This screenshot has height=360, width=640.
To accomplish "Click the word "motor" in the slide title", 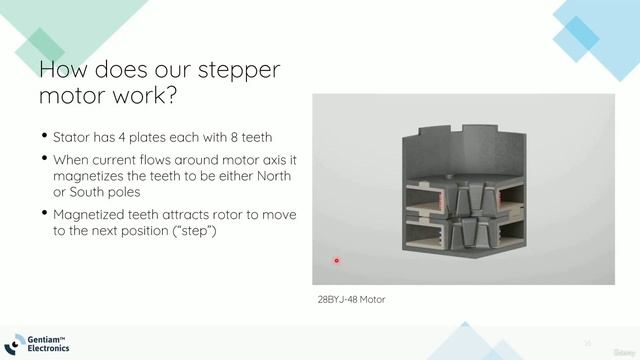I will click(x=72, y=99).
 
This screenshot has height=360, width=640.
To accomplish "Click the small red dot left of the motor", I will click(x=337, y=261).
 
